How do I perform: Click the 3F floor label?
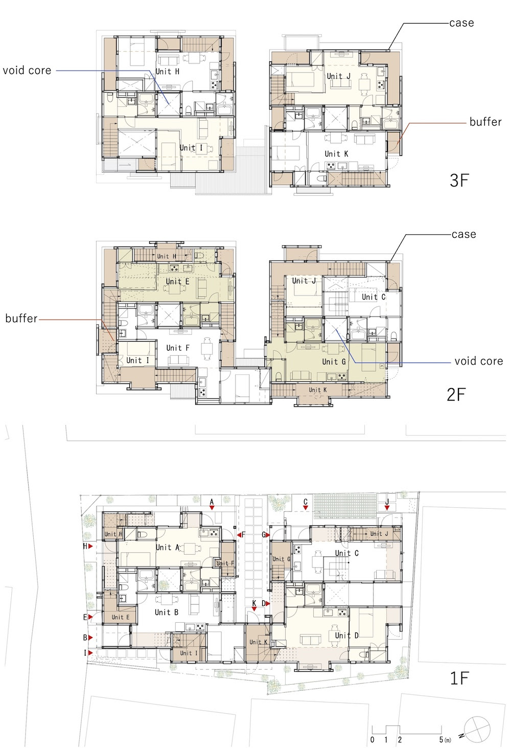click(459, 180)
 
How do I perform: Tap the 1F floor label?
click(459, 678)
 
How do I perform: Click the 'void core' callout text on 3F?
click(27, 71)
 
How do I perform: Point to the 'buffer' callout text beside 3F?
click(485, 122)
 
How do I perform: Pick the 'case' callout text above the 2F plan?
click(464, 234)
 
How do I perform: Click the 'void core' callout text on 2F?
click(479, 361)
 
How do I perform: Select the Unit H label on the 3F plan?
click(168, 72)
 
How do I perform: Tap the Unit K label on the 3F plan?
click(336, 154)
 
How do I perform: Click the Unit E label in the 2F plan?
click(177, 282)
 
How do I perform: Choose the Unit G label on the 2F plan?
click(334, 361)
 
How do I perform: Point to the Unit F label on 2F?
click(178, 348)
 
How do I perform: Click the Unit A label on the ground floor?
click(168, 547)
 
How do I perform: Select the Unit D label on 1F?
click(347, 636)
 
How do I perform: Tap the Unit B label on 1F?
click(167, 612)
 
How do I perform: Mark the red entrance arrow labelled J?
click(387, 508)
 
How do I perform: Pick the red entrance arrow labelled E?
click(90, 617)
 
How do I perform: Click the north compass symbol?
click(477, 730)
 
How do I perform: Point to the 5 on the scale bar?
click(441, 740)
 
